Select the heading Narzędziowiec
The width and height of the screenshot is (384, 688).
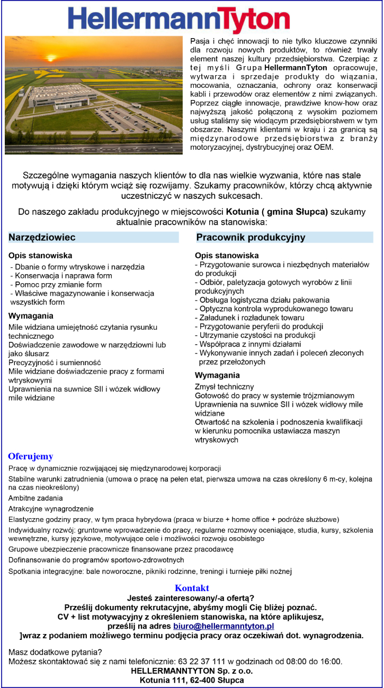tap(42, 238)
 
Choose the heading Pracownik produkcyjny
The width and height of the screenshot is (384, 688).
tap(251, 238)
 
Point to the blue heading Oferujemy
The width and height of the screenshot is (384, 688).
tap(30, 456)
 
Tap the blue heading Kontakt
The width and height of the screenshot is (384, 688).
tap(192, 588)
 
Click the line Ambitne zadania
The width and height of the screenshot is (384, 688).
tap(36, 498)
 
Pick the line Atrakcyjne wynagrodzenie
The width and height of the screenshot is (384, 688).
tap(51, 509)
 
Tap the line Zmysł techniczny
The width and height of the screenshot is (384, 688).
tap(225, 387)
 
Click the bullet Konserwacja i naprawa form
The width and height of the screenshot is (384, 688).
tap(63, 276)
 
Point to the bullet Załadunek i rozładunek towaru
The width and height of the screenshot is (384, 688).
tap(249, 318)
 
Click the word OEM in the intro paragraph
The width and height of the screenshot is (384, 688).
tap(324, 147)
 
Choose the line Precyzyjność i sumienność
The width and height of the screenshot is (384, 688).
tap(55, 363)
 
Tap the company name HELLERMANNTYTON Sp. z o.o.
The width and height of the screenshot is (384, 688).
tap(192, 671)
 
